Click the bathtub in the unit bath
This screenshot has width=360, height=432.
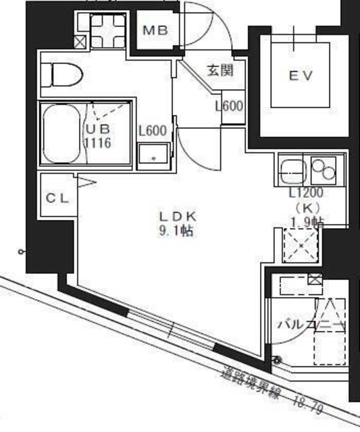point(61,134)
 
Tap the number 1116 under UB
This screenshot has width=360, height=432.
point(97,143)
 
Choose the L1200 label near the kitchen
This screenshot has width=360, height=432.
point(305,193)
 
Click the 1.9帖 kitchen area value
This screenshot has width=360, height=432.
point(307,221)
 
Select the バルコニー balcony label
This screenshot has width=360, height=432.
point(311,325)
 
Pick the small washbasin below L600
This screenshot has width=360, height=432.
point(153,157)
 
